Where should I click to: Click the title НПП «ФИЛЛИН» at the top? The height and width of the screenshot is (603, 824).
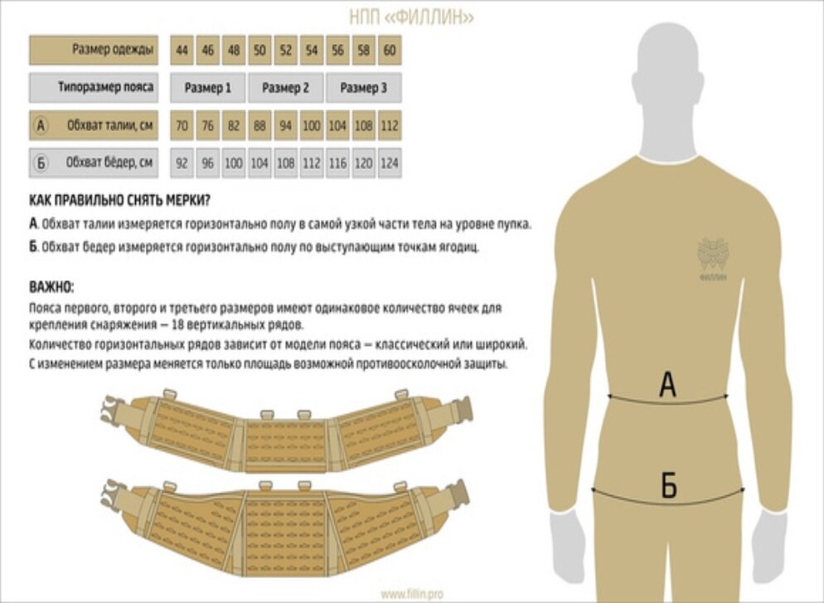point(411,17)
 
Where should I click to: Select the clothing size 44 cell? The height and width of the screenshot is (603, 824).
point(182,51)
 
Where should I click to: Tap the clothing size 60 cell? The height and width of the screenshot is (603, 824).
point(389,51)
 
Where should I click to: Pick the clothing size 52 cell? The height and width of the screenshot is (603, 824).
point(285,51)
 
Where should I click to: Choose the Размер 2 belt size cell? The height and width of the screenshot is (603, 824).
point(285,88)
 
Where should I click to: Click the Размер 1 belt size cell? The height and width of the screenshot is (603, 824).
point(208,88)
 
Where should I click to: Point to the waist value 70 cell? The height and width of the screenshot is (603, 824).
point(182,126)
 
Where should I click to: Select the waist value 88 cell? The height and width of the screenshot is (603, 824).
point(259,126)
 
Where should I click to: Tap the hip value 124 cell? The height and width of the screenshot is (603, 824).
point(389,163)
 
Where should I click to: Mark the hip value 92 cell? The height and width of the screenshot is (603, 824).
point(182,163)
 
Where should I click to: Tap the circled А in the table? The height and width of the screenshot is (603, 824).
point(41,126)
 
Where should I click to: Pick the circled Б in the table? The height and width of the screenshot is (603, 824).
point(41,163)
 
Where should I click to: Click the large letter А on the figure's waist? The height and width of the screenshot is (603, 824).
point(667,385)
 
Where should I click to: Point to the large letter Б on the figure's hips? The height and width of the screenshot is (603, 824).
point(668,486)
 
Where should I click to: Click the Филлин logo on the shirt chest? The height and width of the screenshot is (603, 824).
point(712,257)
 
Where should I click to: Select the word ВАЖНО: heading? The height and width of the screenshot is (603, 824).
point(51,288)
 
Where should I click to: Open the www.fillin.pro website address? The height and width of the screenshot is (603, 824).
point(412,594)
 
